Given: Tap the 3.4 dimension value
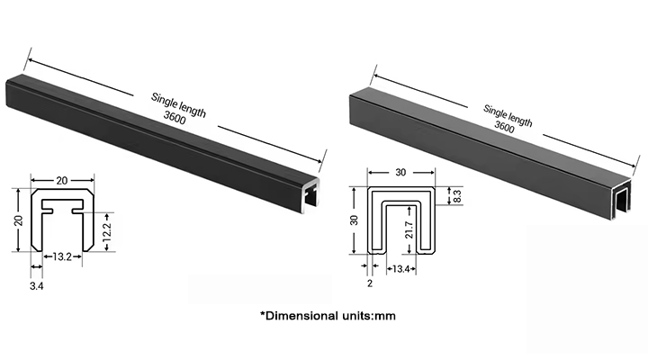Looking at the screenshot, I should [37, 286].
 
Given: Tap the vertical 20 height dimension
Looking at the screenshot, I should [18, 220].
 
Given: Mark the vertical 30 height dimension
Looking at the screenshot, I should [354, 220].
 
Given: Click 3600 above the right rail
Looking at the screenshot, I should [506, 126].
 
